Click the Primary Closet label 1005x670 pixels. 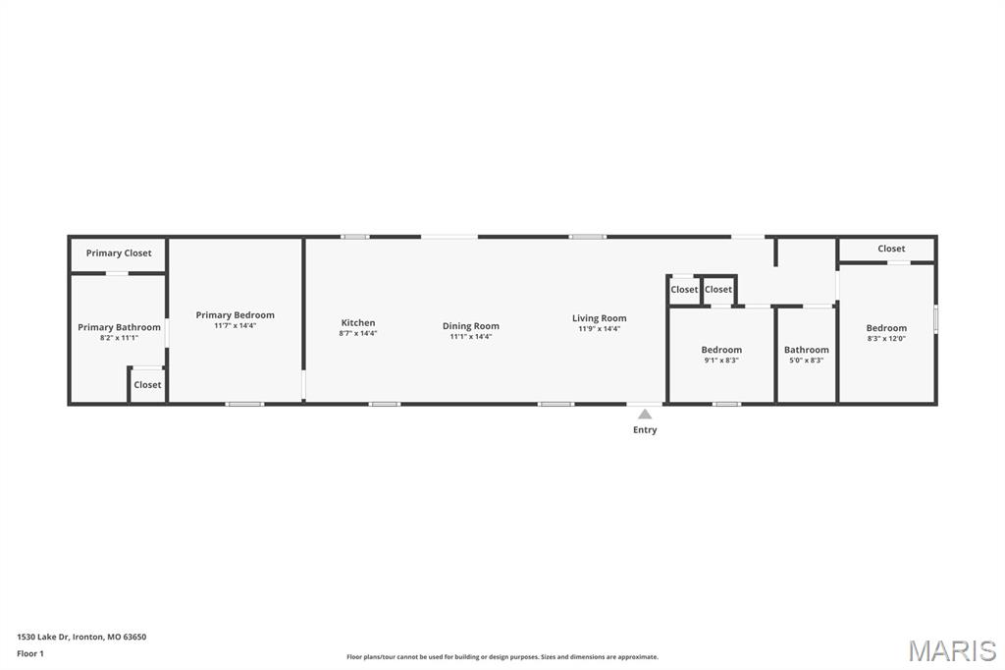click(119, 253)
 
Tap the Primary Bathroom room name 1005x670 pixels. click(119, 327)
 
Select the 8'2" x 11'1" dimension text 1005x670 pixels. click(119, 338)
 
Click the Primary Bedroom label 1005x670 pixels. click(235, 315)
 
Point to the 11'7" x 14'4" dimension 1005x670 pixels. click(235, 326)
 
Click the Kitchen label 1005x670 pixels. click(358, 322)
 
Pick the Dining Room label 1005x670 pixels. click(471, 326)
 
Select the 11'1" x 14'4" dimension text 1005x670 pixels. click(471, 337)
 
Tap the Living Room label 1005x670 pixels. click(600, 318)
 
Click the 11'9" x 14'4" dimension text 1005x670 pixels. click(600, 329)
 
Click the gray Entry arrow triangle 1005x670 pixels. click(645, 415)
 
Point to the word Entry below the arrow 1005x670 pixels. click(645, 430)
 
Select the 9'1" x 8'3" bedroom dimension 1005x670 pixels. click(721, 361)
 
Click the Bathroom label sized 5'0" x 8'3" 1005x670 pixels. click(807, 350)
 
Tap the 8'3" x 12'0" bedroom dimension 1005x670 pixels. click(886, 339)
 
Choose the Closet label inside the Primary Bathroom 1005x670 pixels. click(147, 385)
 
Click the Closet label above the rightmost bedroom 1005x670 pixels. click(891, 249)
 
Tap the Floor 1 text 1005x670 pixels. click(30, 653)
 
